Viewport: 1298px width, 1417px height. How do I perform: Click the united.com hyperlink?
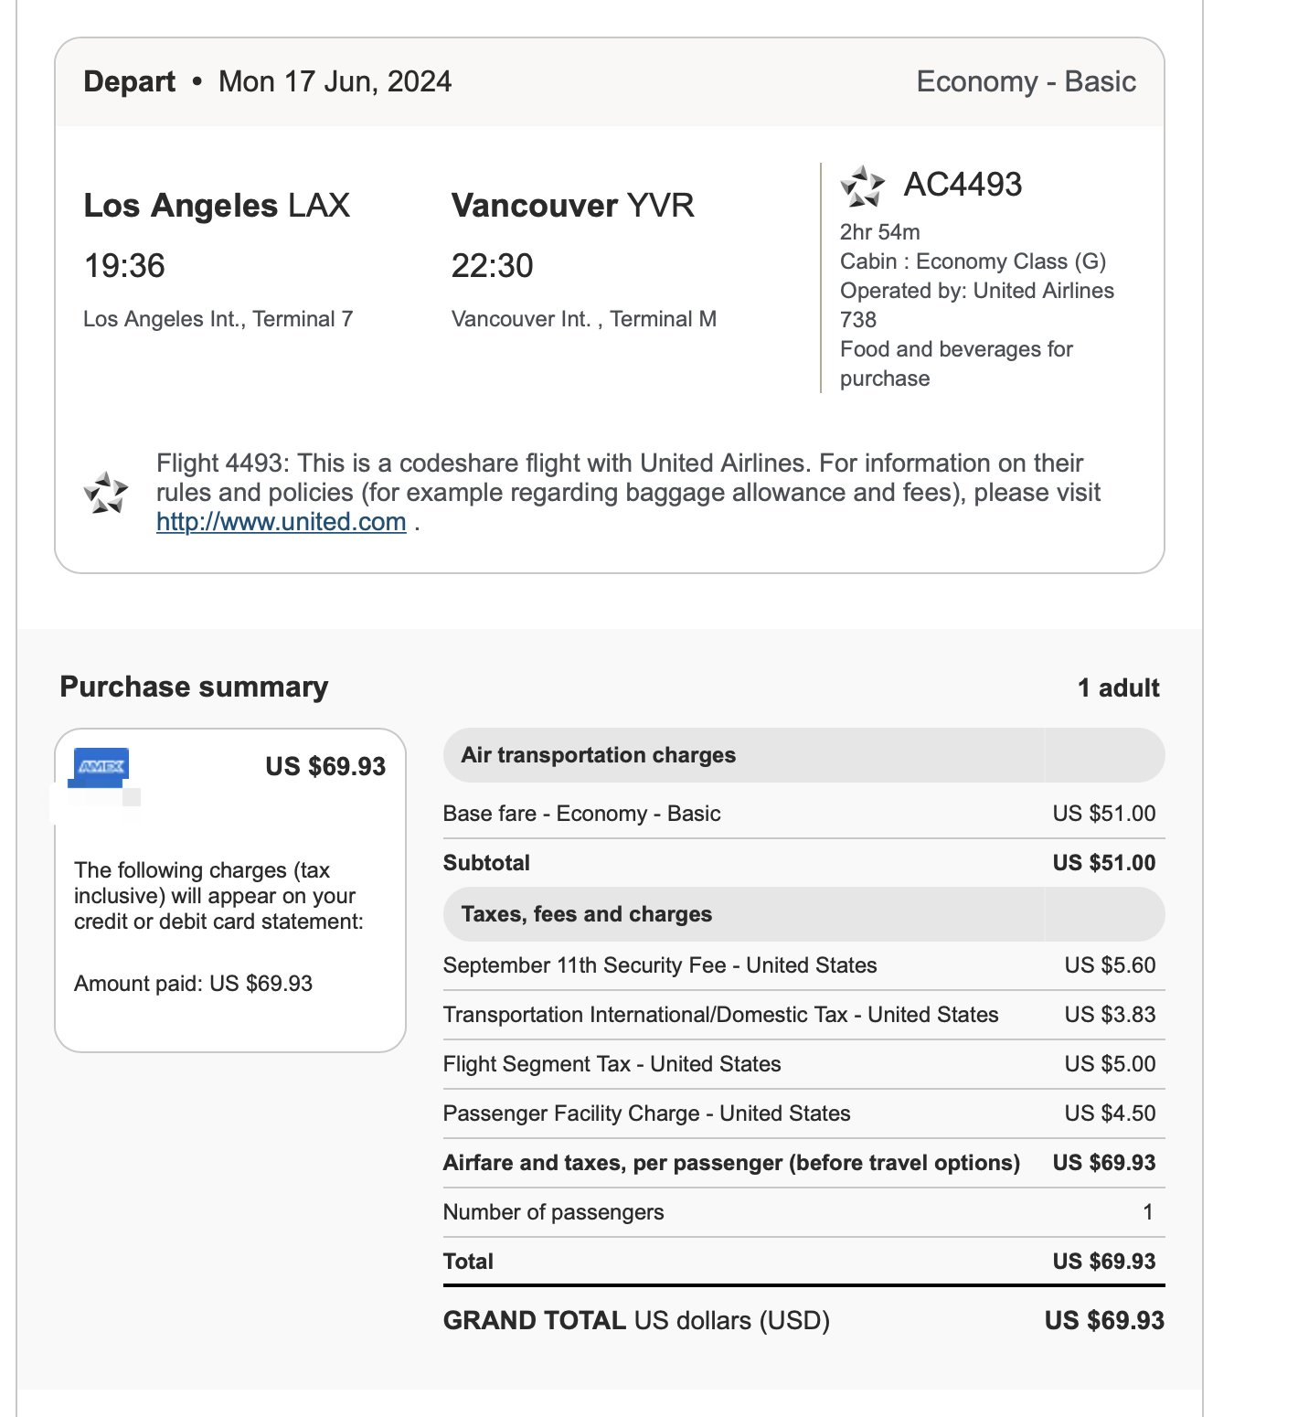click(281, 522)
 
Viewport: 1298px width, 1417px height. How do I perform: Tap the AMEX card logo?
click(101, 766)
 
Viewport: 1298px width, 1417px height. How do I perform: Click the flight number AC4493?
click(963, 185)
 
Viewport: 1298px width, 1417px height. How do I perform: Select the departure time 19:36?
click(124, 266)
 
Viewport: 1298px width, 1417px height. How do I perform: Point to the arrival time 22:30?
click(492, 266)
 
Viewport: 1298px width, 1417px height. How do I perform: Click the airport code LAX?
click(319, 206)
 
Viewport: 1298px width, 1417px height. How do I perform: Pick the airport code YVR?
click(660, 206)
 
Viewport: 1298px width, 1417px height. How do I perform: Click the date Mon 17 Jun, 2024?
click(335, 81)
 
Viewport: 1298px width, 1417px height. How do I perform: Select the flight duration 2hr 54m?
click(879, 232)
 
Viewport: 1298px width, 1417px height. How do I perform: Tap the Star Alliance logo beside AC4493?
click(862, 186)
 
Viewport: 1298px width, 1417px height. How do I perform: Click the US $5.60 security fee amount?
click(1110, 965)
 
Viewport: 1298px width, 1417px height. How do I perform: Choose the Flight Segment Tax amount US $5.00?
click(1110, 1064)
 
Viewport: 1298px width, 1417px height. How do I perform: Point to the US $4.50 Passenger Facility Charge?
click(1110, 1113)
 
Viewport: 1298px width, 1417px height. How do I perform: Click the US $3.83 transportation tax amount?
click(1110, 1015)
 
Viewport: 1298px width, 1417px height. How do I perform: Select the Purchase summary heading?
click(194, 687)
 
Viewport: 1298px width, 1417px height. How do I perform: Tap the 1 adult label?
click(1118, 688)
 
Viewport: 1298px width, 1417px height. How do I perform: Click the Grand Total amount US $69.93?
click(1104, 1321)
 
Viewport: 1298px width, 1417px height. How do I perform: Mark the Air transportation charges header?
click(598, 755)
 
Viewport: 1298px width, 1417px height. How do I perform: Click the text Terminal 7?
click(303, 319)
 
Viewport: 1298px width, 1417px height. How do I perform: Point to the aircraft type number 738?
click(857, 320)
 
